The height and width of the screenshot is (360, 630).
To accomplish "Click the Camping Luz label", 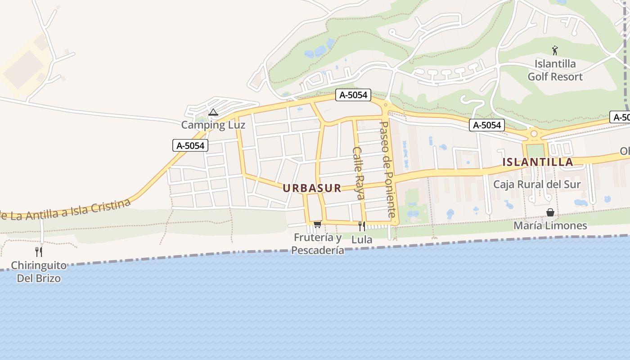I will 213,125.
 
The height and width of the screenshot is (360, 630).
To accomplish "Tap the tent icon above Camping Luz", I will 213,112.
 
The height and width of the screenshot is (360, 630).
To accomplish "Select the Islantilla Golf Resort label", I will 555,70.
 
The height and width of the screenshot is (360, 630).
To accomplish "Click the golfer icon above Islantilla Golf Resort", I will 555,50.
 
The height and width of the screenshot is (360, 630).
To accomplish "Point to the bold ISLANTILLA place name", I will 538,162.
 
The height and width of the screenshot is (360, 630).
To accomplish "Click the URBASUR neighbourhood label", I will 312,188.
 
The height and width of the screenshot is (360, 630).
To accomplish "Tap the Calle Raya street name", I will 359,173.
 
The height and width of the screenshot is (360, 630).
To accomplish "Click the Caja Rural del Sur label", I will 537,184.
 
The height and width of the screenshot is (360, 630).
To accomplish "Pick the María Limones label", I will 550,225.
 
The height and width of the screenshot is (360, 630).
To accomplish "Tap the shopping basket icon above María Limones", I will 550,212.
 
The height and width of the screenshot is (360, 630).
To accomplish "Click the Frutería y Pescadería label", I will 318,243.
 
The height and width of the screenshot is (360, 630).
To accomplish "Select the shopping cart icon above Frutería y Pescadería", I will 317,224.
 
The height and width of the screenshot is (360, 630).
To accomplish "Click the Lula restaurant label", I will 362,239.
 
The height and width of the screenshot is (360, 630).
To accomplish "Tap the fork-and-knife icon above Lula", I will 362,226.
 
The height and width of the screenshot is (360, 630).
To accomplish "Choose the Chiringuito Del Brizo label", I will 39,271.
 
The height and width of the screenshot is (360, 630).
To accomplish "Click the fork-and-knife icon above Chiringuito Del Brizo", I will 39,252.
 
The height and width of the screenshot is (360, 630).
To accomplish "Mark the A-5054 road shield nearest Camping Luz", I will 190,145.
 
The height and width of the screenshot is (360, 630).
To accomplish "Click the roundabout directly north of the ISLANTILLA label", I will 534,133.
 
